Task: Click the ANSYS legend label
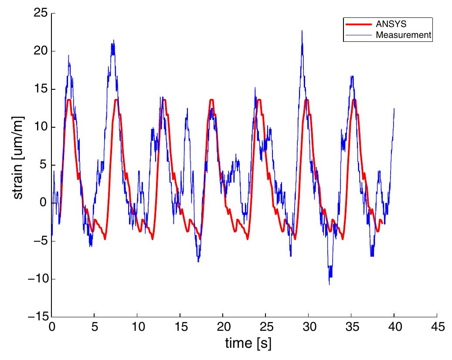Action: click(388, 24)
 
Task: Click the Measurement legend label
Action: click(403, 35)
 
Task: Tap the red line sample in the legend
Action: click(358, 24)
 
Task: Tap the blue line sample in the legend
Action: click(358, 35)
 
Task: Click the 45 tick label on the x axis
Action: click(437, 327)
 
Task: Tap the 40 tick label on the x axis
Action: click(394, 327)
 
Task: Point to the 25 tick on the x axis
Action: click(265, 327)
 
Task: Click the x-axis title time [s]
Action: click(248, 344)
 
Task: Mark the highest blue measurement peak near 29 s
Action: click(302, 31)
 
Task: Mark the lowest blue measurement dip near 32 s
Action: click(330, 284)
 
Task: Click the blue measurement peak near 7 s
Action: click(113, 41)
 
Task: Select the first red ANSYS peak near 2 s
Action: click(69, 100)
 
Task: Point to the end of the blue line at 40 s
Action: click(394, 109)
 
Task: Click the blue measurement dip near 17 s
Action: click(198, 262)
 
